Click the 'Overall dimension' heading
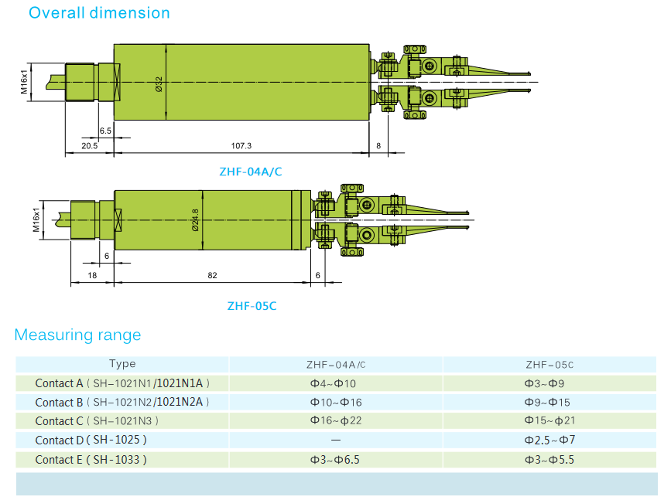click(x=98, y=13)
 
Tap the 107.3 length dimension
click(x=241, y=145)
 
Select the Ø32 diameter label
click(x=159, y=84)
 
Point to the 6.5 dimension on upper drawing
click(x=105, y=131)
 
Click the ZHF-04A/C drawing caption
click(x=252, y=172)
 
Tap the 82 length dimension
click(x=212, y=275)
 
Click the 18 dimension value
click(x=92, y=275)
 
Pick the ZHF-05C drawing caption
click(x=252, y=306)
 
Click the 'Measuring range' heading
click(x=77, y=335)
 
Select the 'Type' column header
click(x=122, y=364)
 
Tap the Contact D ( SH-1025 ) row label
click(x=91, y=440)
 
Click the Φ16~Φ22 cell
click(x=335, y=421)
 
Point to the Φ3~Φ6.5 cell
click(x=335, y=460)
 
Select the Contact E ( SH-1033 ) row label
click(x=91, y=460)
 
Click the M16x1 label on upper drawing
click(x=25, y=82)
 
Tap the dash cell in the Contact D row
click(x=335, y=440)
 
